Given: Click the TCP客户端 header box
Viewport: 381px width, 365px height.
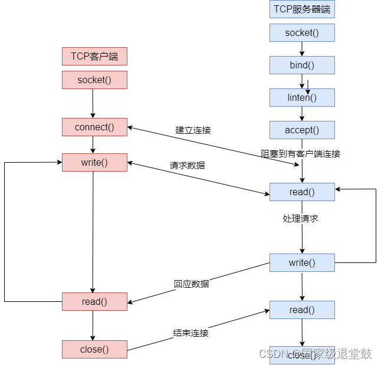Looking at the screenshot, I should click(94, 56).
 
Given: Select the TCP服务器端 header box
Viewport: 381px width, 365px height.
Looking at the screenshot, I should click(302, 9).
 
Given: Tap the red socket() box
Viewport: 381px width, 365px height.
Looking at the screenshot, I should click(94, 80).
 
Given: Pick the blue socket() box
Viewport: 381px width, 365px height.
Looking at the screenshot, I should click(302, 32).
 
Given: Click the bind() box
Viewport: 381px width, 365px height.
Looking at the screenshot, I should click(302, 65).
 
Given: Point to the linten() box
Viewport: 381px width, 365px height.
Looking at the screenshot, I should click(302, 97).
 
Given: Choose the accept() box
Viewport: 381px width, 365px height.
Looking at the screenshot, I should click(302, 130).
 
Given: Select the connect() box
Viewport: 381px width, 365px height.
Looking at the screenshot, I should click(94, 127).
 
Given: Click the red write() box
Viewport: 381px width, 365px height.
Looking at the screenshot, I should click(94, 162).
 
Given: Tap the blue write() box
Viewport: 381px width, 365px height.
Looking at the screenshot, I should click(302, 262).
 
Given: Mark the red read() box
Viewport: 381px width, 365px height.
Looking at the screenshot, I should click(94, 301).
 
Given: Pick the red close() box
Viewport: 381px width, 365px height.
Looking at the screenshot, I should click(94, 349).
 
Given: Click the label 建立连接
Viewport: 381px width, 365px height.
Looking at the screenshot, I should click(193, 130).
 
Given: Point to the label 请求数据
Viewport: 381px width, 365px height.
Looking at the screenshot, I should click(188, 166).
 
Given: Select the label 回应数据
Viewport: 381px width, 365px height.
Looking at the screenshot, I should click(191, 284).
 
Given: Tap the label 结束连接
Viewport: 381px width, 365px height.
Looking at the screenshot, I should click(191, 333).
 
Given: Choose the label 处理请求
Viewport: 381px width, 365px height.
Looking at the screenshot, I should click(300, 218).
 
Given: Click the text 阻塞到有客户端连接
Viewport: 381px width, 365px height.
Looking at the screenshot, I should click(301, 153).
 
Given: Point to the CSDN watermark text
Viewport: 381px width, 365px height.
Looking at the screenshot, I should click(316, 354).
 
